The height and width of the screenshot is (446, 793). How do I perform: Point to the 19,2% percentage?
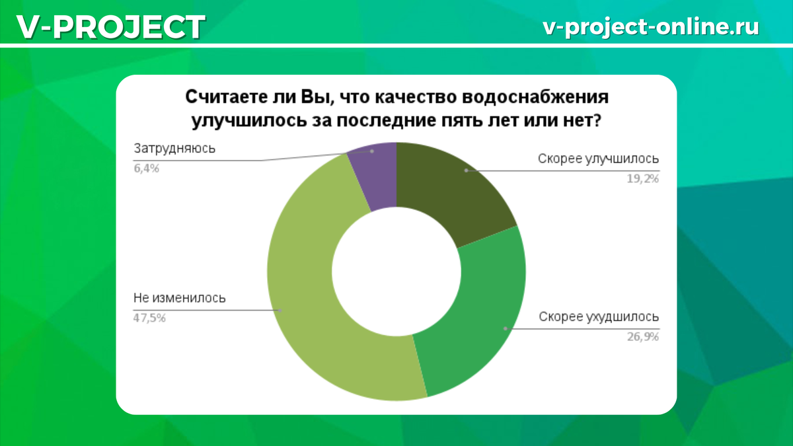click(x=642, y=179)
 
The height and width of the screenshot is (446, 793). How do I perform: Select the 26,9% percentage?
click(x=642, y=336)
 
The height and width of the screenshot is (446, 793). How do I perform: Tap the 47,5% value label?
click(x=149, y=318)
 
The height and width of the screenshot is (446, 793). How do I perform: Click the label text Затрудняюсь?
click(x=174, y=149)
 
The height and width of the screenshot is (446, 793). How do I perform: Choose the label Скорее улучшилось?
click(x=598, y=159)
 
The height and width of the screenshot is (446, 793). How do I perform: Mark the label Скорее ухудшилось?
click(x=599, y=316)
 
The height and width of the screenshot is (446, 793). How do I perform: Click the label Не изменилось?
click(x=180, y=298)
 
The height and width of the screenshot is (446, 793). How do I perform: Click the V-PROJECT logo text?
click(x=111, y=26)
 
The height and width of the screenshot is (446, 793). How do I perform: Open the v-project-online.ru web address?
click(x=651, y=27)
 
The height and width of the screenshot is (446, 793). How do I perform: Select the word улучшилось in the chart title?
click(x=249, y=121)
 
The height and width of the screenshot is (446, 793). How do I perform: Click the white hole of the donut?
click(x=397, y=272)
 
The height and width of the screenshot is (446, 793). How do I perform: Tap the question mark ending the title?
click(x=597, y=120)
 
